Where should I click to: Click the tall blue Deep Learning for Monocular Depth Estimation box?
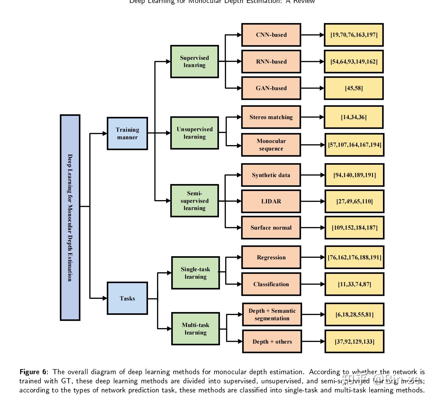70,218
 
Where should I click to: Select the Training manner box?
127,133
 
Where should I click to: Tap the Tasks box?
127,298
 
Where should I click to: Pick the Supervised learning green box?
194,61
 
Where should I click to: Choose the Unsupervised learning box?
194,133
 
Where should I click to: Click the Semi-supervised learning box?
194,201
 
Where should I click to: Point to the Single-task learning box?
195,273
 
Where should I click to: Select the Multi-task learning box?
195,329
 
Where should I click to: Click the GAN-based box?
271,88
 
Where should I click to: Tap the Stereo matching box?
271,117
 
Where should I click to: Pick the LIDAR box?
271,201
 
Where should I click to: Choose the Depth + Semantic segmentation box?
272,314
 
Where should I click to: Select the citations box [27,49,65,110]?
354,201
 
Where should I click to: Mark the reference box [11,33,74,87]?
354,284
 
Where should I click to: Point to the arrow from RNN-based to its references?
312,61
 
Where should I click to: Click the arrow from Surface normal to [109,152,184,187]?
313,227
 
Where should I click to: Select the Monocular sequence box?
271,145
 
